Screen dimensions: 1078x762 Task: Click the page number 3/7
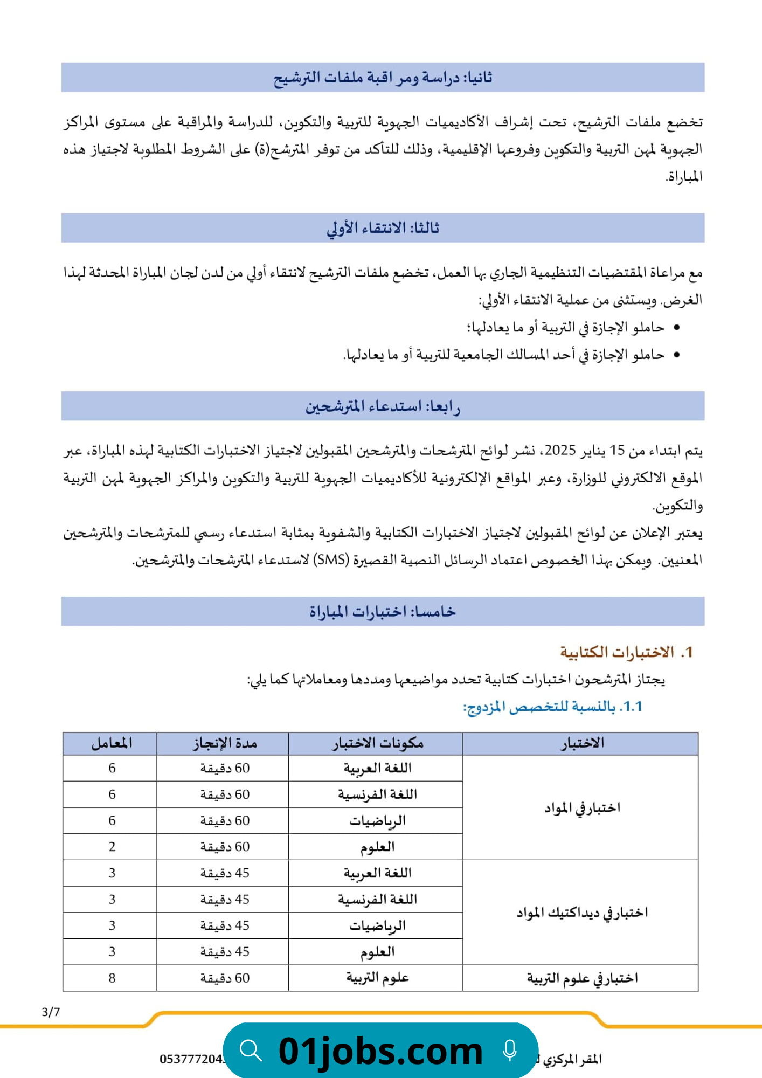pyautogui.click(x=51, y=1012)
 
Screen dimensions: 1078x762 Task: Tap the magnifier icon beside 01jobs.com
pyautogui.click(x=251, y=1051)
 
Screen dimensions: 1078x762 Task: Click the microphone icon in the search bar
pyautogui.click(x=510, y=1051)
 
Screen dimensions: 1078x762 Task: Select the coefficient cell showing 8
pyautogui.click(x=112, y=978)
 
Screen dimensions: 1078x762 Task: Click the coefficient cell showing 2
pyautogui.click(x=112, y=846)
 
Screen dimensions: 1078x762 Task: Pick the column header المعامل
pyautogui.click(x=112, y=743)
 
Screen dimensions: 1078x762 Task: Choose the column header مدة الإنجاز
pyautogui.click(x=225, y=743)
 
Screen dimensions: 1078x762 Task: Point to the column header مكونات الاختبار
pyautogui.click(x=377, y=743)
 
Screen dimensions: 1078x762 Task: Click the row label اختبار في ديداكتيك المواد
pyautogui.click(x=582, y=912)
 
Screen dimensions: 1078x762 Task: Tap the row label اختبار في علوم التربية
pyautogui.click(x=582, y=978)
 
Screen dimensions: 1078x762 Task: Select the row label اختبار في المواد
pyautogui.click(x=582, y=807)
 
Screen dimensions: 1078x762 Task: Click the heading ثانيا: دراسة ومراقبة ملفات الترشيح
pyautogui.click(x=383, y=78)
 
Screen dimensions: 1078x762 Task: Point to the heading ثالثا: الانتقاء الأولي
pyautogui.click(x=383, y=228)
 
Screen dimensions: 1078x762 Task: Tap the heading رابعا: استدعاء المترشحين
pyautogui.click(x=383, y=406)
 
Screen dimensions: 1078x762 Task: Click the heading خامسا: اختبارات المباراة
pyautogui.click(x=383, y=611)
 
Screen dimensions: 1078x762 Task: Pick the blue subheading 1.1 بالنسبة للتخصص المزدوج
pyautogui.click(x=552, y=706)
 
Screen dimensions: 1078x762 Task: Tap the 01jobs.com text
pyautogui.click(x=380, y=1051)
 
